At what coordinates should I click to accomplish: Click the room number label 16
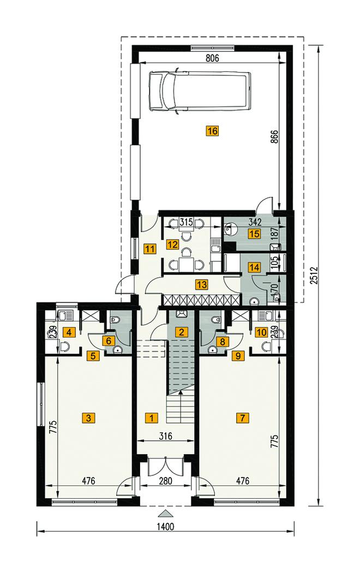tap(212, 131)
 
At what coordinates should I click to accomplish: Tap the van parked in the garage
tap(200, 90)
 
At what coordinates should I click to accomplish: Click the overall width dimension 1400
tap(165, 527)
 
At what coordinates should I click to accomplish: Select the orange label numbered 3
tap(88, 417)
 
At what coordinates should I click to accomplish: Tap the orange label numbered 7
tap(242, 417)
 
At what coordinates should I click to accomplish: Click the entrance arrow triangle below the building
tap(165, 514)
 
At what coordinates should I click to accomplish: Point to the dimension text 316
tap(165, 435)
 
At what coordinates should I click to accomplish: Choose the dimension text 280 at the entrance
tap(165, 481)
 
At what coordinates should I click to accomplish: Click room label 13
tap(201, 284)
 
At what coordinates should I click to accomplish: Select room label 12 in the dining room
tap(172, 244)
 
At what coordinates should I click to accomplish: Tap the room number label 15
tap(255, 233)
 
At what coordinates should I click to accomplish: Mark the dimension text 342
tap(255, 222)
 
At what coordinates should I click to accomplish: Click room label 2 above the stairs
tap(182, 332)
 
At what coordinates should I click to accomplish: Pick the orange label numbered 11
tap(150, 249)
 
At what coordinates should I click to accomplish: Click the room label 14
tap(255, 267)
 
